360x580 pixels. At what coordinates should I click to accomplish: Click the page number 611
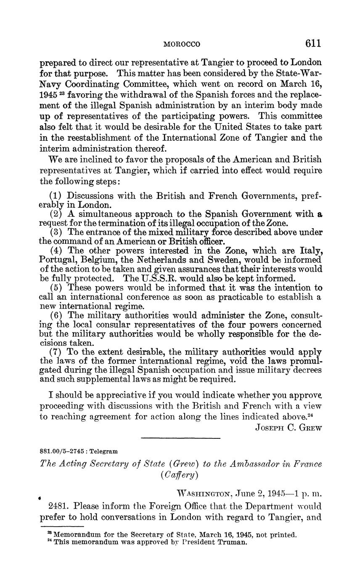313,43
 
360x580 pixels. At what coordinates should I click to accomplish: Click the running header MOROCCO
182,44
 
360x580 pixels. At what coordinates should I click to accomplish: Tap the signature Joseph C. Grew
288,428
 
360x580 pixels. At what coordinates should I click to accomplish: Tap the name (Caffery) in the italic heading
181,475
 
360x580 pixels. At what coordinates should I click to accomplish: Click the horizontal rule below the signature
181,439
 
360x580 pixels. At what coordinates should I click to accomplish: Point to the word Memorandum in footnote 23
76,535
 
